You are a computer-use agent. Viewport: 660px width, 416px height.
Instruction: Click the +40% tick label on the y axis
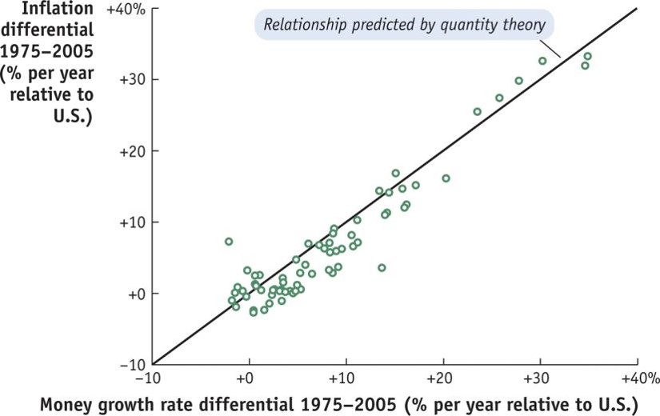pos(126,9)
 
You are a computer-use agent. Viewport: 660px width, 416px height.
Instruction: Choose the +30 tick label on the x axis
pos(539,378)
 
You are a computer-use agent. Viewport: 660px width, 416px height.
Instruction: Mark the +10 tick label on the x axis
pos(345,378)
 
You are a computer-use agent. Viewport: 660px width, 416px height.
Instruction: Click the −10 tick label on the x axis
pos(151,378)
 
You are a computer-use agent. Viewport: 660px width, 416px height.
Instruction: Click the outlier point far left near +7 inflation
pos(229,242)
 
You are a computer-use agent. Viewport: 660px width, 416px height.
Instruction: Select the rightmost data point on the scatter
pos(588,56)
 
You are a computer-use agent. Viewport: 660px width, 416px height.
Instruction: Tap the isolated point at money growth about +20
pos(446,178)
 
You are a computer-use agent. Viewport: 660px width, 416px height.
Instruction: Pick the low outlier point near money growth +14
pos(382,268)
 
